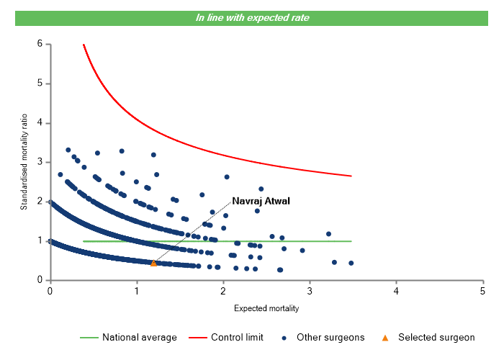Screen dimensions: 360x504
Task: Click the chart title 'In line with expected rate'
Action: coord(252,17)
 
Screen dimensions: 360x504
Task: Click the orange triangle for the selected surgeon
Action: coord(153,264)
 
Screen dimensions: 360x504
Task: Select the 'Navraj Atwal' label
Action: coord(260,201)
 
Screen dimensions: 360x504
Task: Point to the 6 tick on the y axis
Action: coord(40,44)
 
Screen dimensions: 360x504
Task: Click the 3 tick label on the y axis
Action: coord(40,162)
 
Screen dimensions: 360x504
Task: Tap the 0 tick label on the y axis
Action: coord(40,280)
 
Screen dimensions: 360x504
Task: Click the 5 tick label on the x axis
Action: coord(482,290)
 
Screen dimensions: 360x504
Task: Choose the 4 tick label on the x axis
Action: coord(396,290)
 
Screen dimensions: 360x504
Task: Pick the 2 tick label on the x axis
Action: coord(222,290)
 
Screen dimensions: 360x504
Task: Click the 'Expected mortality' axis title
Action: coord(266,308)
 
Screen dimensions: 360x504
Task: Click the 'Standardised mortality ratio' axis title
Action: coord(24,162)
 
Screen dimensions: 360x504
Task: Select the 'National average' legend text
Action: coord(139,337)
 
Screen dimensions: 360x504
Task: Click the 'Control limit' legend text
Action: coord(237,337)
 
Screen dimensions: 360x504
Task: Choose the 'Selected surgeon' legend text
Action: coord(436,337)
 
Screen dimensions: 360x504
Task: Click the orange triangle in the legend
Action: coord(385,337)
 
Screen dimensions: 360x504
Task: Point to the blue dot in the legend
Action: coord(285,337)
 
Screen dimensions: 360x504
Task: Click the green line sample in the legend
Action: coord(88,337)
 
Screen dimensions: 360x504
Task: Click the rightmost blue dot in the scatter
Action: coord(351,263)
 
